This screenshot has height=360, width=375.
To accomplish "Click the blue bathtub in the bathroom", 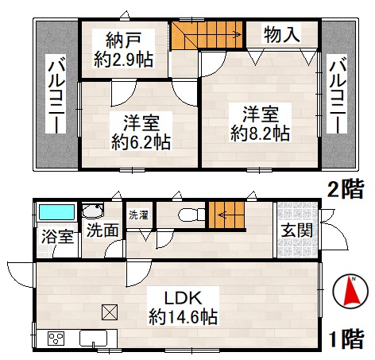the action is (x=56, y=212).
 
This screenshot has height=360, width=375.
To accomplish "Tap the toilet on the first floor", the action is (x=191, y=215).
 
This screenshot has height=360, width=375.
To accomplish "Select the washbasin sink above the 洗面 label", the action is (x=92, y=211).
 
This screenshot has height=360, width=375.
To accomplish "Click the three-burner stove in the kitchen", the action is (x=56, y=339).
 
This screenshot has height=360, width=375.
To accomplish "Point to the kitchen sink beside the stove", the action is (x=93, y=339).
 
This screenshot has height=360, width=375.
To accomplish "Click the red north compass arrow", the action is (x=351, y=291).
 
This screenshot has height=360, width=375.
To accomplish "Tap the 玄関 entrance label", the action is (x=296, y=230).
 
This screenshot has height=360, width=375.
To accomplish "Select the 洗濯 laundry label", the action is (x=138, y=215).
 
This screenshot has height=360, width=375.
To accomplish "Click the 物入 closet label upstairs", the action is (x=282, y=34).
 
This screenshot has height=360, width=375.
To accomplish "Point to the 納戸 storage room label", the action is (x=123, y=41).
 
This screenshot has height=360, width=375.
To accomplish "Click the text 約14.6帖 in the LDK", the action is (x=183, y=317).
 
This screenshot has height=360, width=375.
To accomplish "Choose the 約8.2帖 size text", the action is (x=261, y=134).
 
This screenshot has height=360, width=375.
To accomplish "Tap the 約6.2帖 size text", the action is (x=141, y=142).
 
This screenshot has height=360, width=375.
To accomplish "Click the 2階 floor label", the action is (x=346, y=189).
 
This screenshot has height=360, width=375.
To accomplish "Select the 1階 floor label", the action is (x=346, y=339).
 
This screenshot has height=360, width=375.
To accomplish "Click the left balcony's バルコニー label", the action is (x=56, y=94).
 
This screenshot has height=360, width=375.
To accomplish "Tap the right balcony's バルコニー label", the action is (x=338, y=94).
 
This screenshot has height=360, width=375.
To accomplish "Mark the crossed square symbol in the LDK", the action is (x=110, y=312).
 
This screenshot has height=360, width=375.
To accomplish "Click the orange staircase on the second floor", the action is (x=207, y=35).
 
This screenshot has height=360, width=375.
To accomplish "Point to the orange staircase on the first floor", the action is (x=226, y=215).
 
